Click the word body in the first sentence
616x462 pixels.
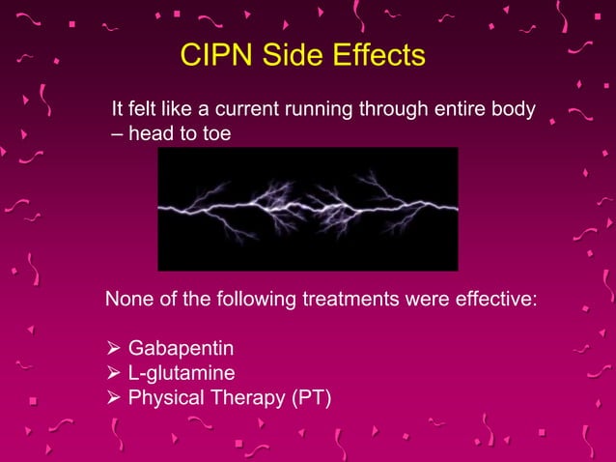514,109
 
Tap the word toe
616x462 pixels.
216,134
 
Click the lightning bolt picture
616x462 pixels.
307,209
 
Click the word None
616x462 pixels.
129,300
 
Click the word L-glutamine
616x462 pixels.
182,372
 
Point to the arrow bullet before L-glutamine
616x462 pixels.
112,372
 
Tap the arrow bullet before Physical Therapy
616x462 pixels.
112,396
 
